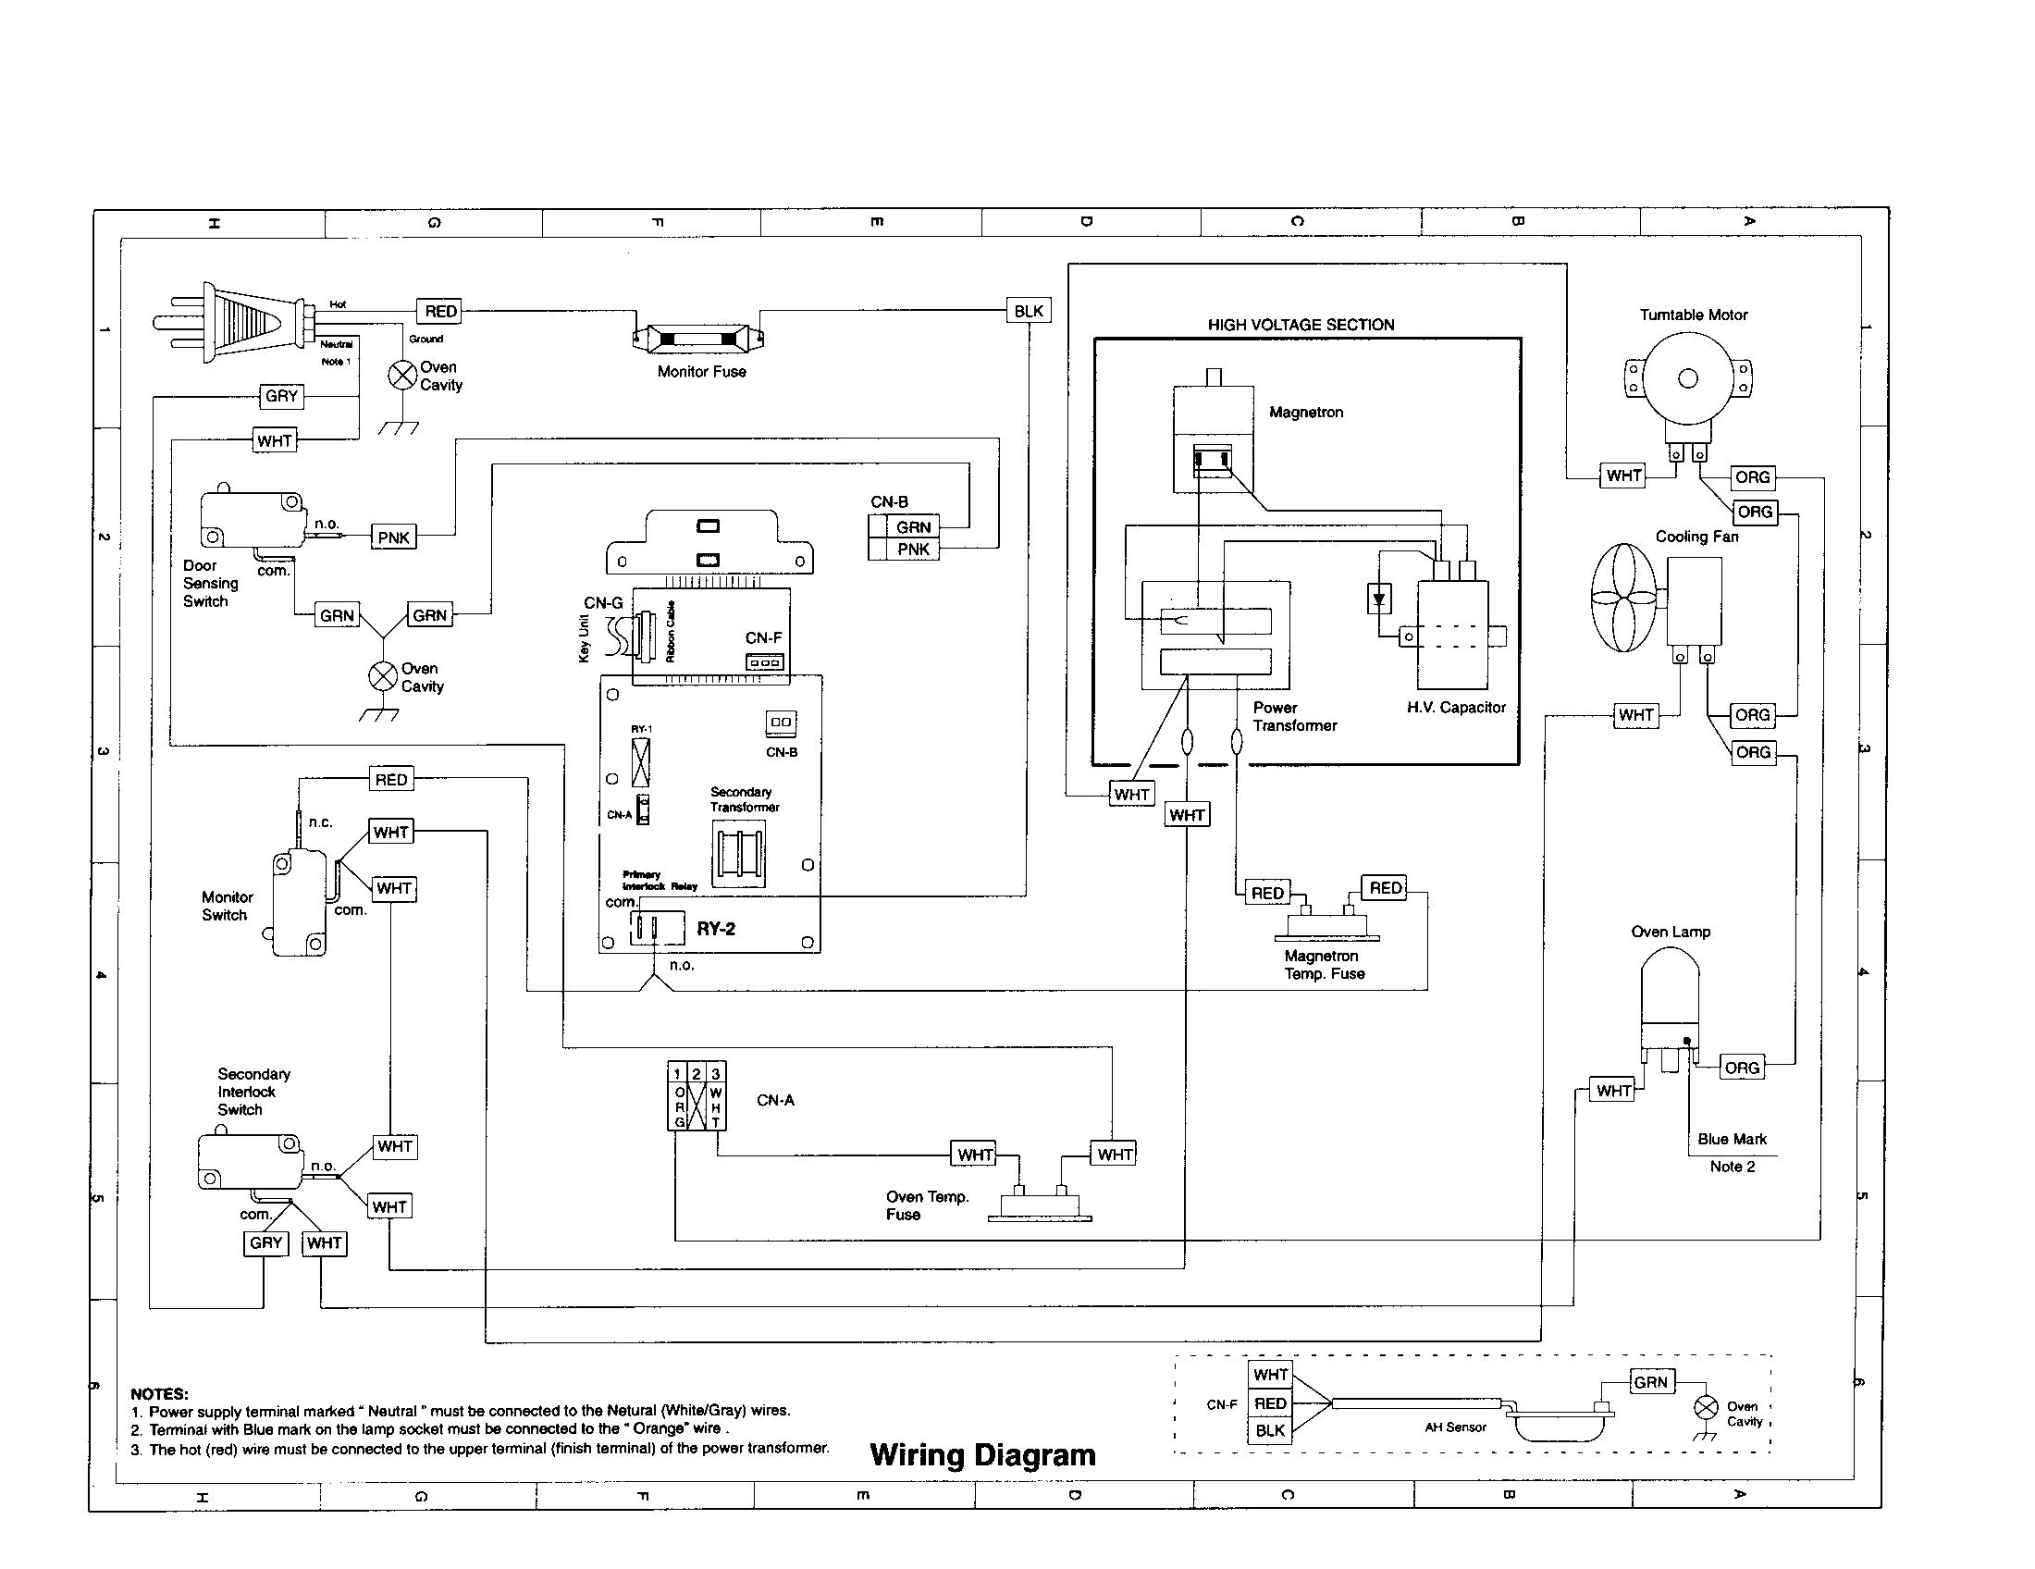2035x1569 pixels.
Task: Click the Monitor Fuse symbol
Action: pos(697,338)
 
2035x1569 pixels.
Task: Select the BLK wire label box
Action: pos(1029,311)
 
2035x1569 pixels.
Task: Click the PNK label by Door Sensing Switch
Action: pos(394,537)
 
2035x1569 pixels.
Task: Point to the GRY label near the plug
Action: pos(281,396)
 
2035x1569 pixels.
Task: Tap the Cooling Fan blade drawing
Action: pos(1623,598)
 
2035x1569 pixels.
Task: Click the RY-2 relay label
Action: pos(716,929)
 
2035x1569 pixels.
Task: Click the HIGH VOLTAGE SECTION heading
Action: pos(1301,325)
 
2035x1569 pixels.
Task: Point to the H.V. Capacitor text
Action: pos(1455,708)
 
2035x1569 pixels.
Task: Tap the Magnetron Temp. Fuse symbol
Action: pos(1327,925)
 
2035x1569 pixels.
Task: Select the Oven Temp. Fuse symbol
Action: pos(1040,1205)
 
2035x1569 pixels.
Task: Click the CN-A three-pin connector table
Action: pos(696,1096)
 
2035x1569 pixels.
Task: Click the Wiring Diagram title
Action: pos(982,1455)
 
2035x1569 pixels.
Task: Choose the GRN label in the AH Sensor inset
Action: pos(1650,1382)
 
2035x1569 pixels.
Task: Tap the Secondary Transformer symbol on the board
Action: pos(739,854)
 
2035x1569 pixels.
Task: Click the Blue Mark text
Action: pos(1732,1140)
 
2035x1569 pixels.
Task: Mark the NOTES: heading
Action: pos(159,1394)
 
